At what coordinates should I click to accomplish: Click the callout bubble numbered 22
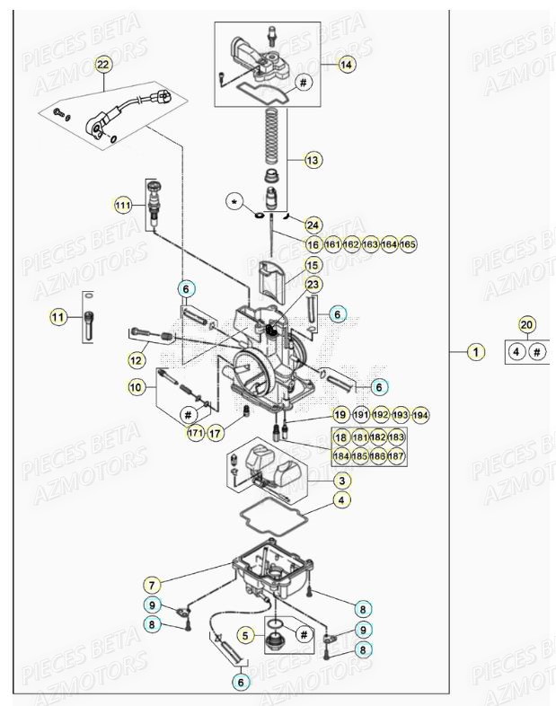tap(102, 65)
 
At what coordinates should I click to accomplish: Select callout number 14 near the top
tap(347, 64)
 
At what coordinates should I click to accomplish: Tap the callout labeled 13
tap(313, 161)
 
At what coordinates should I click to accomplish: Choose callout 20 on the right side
tap(527, 325)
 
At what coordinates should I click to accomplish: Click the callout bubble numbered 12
tap(137, 360)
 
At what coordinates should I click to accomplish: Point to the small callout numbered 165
tap(408, 244)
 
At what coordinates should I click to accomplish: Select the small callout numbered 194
tap(420, 415)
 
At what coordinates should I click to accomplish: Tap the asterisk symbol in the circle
tap(235, 204)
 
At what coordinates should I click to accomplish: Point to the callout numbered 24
tap(313, 225)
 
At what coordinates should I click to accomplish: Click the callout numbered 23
tap(313, 285)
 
